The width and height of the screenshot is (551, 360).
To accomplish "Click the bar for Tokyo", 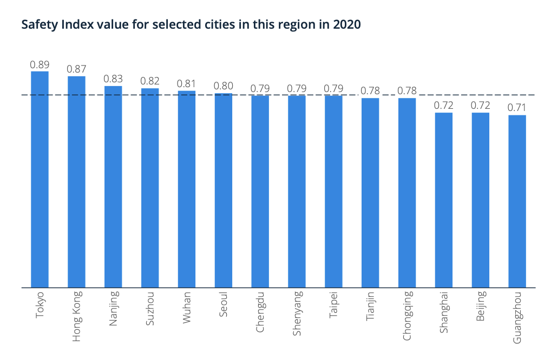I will (x=40, y=179).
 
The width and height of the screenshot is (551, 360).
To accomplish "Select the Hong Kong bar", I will (x=76, y=182).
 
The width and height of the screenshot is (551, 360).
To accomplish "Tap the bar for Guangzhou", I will (x=517, y=201).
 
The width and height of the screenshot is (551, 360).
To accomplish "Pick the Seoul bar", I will (x=223, y=190).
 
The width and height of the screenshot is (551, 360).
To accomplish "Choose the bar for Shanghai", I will (x=443, y=200).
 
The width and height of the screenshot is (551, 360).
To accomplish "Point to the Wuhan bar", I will (x=187, y=189).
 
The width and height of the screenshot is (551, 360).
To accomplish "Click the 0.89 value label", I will (x=40, y=64).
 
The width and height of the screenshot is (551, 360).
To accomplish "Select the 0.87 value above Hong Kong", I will (x=76, y=69).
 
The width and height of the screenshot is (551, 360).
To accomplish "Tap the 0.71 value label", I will (x=517, y=108).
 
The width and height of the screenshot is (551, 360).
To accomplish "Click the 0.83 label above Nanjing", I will (x=113, y=79).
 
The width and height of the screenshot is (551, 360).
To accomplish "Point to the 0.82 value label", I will (x=150, y=81).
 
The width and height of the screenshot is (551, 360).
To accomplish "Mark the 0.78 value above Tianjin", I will (x=370, y=91).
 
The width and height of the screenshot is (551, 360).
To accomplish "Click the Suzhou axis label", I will (x=150, y=308).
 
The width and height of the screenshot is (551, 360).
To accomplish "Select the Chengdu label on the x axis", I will (x=260, y=311).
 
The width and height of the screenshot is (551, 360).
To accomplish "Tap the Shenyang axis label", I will (x=297, y=313).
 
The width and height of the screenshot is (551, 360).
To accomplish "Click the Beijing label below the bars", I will (x=481, y=307).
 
